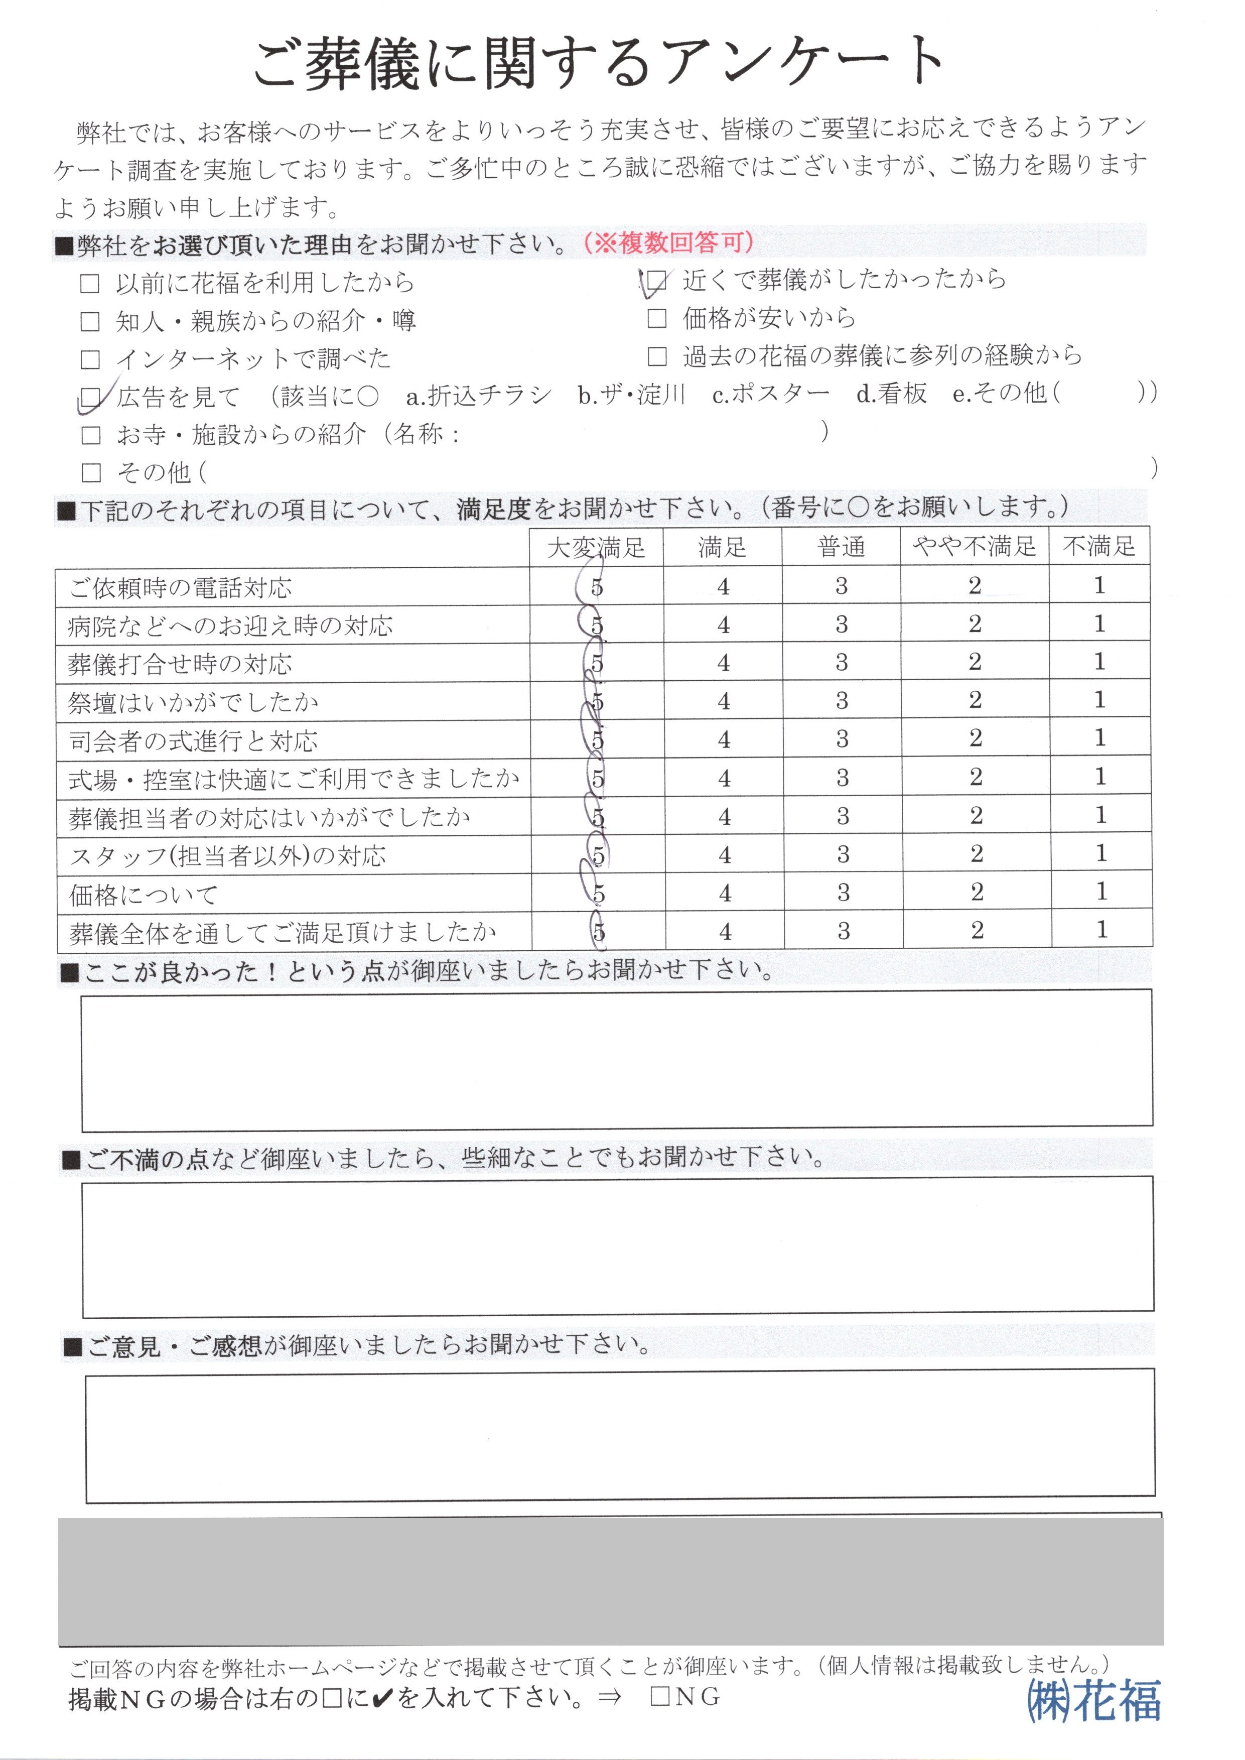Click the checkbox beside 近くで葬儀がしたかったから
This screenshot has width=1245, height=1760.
pyautogui.click(x=656, y=282)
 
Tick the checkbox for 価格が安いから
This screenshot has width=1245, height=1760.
pyautogui.click(x=657, y=318)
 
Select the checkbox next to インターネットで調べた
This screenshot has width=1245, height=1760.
pyautogui.click(x=90, y=359)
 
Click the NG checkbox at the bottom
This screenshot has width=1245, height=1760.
pyautogui.click(x=659, y=1696)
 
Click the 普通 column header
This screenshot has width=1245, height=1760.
pyautogui.click(x=841, y=547)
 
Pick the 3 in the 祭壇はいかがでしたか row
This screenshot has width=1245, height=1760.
pyautogui.click(x=842, y=701)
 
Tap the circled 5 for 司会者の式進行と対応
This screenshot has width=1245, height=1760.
pyautogui.click(x=597, y=740)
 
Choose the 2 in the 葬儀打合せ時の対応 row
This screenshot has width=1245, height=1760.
pyautogui.click(x=975, y=662)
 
